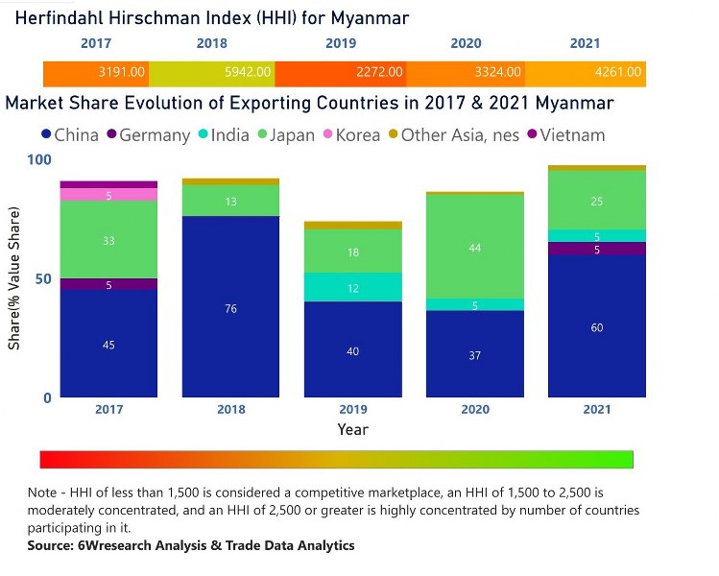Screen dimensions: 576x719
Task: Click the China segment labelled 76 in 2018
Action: coord(230,307)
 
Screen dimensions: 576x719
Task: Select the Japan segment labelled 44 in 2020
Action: coord(474,247)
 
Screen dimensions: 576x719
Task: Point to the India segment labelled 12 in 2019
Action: coord(352,287)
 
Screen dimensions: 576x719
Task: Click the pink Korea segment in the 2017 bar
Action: coord(108,195)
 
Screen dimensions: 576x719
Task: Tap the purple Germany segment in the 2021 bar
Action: coord(596,249)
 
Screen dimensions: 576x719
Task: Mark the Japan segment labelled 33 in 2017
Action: coord(108,240)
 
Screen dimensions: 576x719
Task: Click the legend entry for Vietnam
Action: coord(573,135)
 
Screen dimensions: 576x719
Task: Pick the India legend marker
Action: coord(204,135)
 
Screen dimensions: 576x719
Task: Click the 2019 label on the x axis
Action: coord(352,410)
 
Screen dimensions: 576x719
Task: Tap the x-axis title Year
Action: coord(352,429)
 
